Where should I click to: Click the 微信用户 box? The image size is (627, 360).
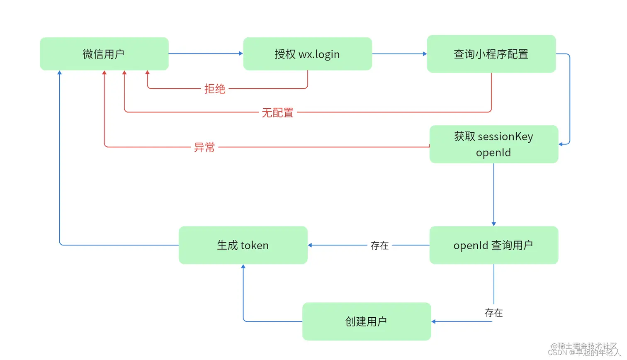pyautogui.click(x=104, y=54)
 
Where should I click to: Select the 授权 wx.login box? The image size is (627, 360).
pyautogui.click(x=307, y=54)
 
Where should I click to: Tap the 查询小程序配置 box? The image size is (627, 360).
pyautogui.click(x=491, y=54)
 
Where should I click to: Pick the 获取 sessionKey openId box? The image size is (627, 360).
pyautogui.click(x=493, y=144)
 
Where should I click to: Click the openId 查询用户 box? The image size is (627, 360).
pyautogui.click(x=493, y=245)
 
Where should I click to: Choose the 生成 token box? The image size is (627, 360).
pyautogui.click(x=243, y=245)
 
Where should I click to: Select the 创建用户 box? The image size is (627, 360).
pyautogui.click(x=367, y=321)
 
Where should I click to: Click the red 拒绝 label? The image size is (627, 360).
pyautogui.click(x=215, y=89)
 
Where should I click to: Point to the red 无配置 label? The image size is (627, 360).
pyautogui.click(x=277, y=112)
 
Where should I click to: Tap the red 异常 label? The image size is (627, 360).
pyautogui.click(x=204, y=147)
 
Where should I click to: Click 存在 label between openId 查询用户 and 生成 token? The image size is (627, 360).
pyautogui.click(x=379, y=246)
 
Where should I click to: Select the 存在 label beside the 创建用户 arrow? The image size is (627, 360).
pyautogui.click(x=493, y=313)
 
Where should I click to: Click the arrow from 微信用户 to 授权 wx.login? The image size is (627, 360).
pyautogui.click(x=205, y=54)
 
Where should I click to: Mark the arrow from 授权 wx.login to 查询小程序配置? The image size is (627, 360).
pyautogui.click(x=399, y=54)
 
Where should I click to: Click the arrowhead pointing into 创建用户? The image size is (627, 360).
pyautogui.click(x=433, y=321)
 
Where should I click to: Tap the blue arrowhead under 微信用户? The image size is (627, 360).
pyautogui.click(x=60, y=73)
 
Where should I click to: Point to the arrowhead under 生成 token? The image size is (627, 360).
pyautogui.click(x=243, y=267)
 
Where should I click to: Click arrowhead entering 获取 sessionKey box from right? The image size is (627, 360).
pyautogui.click(x=561, y=144)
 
